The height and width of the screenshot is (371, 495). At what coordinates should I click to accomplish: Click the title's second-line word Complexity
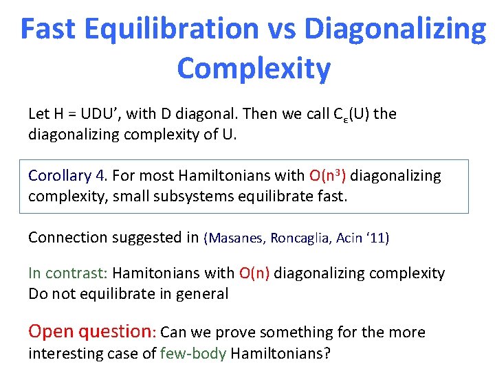pos(253,69)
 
